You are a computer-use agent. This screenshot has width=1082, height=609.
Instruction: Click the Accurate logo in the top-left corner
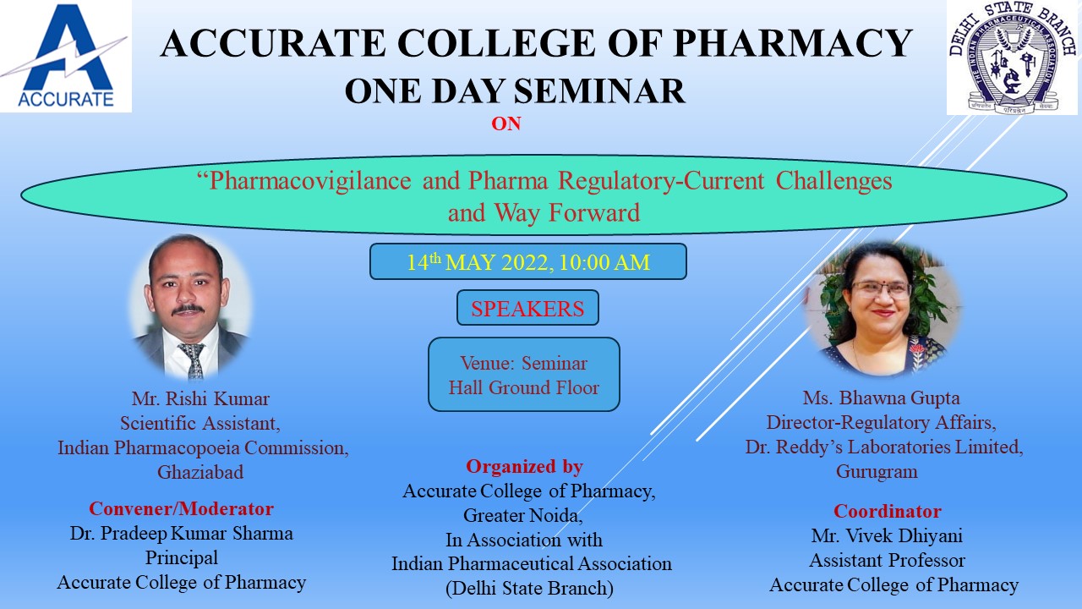pos(66,56)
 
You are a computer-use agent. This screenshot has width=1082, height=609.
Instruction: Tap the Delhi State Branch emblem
pos(1012,58)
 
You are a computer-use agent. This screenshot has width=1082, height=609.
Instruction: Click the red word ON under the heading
pos(506,124)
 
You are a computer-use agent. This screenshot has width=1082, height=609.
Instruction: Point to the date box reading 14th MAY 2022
pos(528,261)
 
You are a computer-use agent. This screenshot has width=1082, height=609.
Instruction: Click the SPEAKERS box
pos(527,308)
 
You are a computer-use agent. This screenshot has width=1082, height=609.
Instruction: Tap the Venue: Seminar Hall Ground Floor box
pos(523,375)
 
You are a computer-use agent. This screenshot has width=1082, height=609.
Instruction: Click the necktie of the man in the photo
pos(194,360)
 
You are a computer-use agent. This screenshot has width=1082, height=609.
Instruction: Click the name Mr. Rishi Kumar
pos(200,398)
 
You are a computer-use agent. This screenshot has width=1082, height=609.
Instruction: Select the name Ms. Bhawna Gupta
pos(881,398)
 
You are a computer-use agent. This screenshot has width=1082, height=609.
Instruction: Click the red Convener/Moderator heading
pos(181,508)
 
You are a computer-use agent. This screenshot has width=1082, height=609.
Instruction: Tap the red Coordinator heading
pos(888,511)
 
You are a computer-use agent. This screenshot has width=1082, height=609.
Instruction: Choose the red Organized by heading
pos(524,466)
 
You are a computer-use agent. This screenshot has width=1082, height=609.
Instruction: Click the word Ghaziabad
pos(200,472)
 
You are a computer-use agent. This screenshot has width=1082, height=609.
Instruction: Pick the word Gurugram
pos(877,471)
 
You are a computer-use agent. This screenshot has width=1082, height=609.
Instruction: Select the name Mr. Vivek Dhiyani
pos(887,535)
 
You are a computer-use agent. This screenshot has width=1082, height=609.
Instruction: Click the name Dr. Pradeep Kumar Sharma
pos(182,533)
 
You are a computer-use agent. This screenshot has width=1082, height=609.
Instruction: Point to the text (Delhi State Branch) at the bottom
pos(529,588)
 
